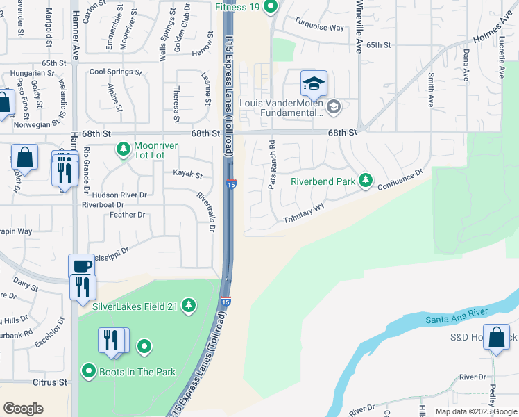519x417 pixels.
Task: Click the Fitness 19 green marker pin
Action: coord(271,7)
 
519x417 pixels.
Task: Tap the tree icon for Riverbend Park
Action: coord(366,181)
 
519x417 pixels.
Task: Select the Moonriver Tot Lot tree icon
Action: coord(123,148)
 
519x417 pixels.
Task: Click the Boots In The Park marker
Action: coord(88,371)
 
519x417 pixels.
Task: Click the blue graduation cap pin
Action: coord(314,83)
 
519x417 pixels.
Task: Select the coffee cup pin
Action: coord(81,266)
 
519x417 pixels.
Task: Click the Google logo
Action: coord(23,409)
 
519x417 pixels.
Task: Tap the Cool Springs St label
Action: coord(115,72)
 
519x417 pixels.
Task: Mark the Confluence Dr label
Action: coord(400,180)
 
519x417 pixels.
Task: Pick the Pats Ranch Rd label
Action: coord(272,165)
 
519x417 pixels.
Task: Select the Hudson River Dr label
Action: coord(114,196)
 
